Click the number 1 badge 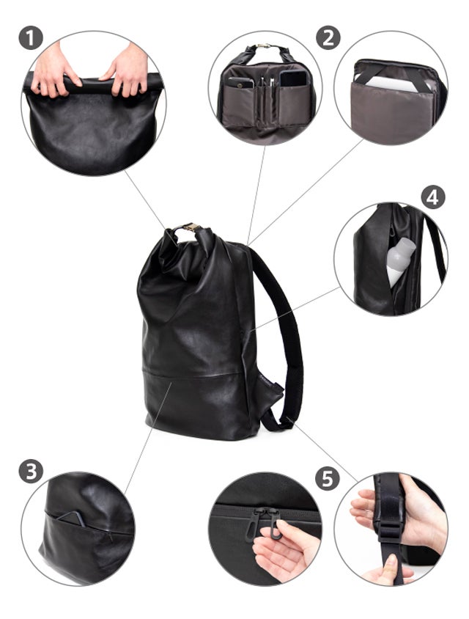click(x=31, y=38)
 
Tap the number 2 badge click(x=328, y=38)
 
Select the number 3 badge click(x=31, y=471)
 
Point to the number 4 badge click(x=433, y=197)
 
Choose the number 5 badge click(x=328, y=478)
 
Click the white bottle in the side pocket click(x=399, y=260)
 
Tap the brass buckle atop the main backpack click(x=191, y=227)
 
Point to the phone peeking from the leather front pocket click(x=72, y=519)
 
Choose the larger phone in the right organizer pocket click(x=293, y=78)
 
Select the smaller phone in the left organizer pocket click(x=240, y=82)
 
